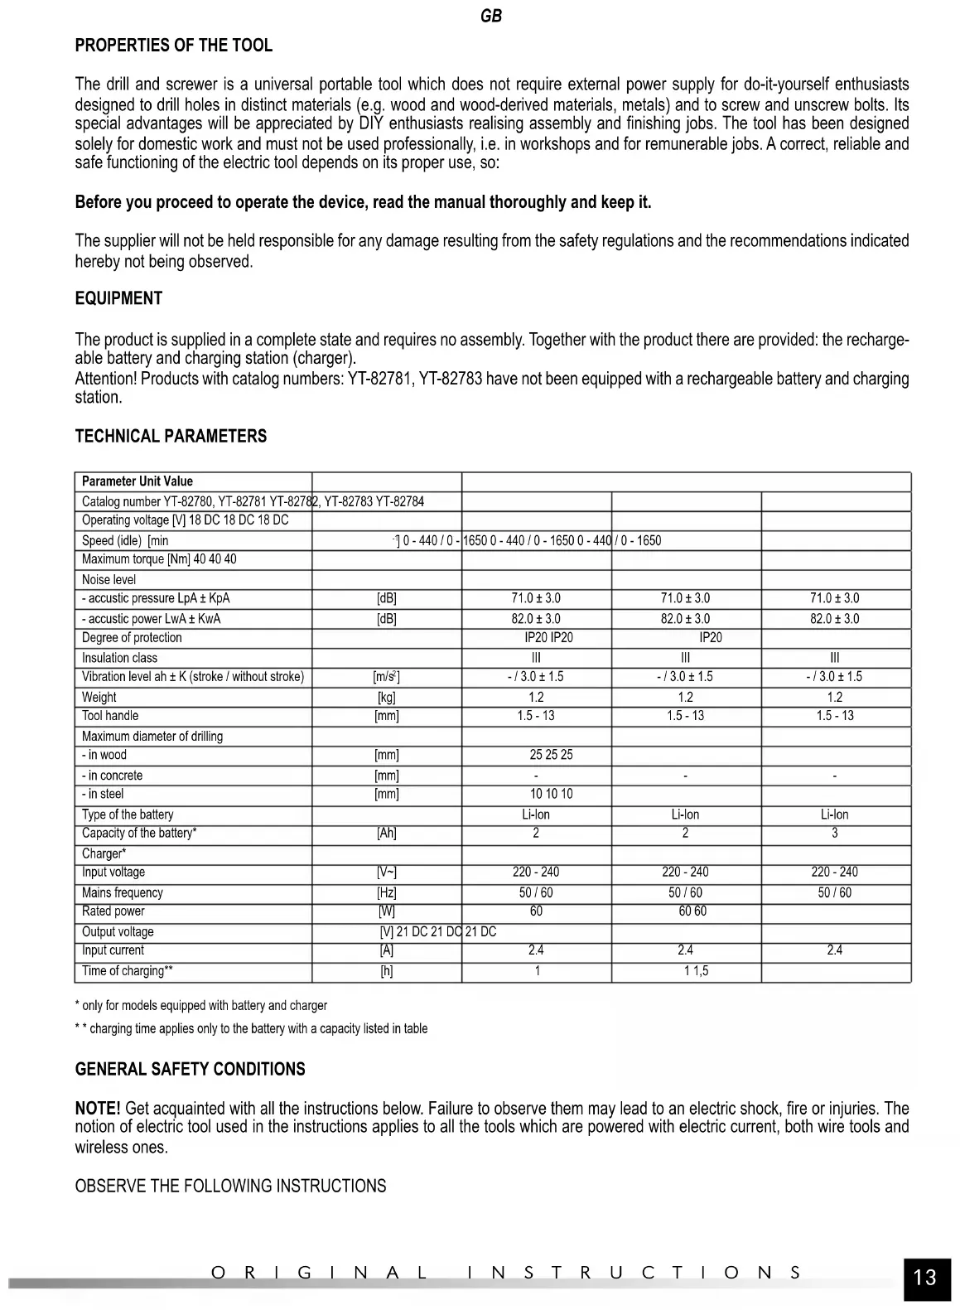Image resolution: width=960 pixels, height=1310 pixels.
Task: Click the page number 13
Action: click(x=924, y=1277)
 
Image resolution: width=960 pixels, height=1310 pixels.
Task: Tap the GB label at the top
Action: click(x=490, y=17)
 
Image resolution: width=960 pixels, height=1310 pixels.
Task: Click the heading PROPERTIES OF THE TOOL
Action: click(x=173, y=46)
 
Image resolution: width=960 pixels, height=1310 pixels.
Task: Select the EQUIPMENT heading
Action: click(x=118, y=299)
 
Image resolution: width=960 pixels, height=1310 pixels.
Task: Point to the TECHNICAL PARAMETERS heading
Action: click(x=171, y=437)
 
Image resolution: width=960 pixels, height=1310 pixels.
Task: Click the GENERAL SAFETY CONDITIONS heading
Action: click(x=190, y=1069)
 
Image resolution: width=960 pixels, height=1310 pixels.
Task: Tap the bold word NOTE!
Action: click(x=98, y=1109)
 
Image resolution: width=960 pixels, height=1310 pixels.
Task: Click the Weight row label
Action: click(x=99, y=697)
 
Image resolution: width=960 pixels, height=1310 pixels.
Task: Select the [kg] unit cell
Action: click(x=386, y=697)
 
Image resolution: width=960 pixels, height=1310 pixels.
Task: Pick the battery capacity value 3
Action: click(x=834, y=833)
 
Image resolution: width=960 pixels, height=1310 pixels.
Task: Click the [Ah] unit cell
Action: click(x=386, y=833)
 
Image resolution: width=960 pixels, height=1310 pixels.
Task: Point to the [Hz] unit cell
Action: click(x=386, y=892)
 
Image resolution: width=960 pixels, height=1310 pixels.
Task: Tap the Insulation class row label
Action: click(x=119, y=658)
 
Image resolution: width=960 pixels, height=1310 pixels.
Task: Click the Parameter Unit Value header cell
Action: click(x=137, y=481)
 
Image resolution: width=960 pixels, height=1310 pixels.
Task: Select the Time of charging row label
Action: click(x=127, y=970)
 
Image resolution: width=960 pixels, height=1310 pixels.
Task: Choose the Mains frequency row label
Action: click(x=123, y=892)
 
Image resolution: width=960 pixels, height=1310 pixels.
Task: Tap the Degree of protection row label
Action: click(x=132, y=637)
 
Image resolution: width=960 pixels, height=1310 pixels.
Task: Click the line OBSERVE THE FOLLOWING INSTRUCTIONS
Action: click(x=230, y=1186)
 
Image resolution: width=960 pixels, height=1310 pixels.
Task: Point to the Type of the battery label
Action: click(x=128, y=815)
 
